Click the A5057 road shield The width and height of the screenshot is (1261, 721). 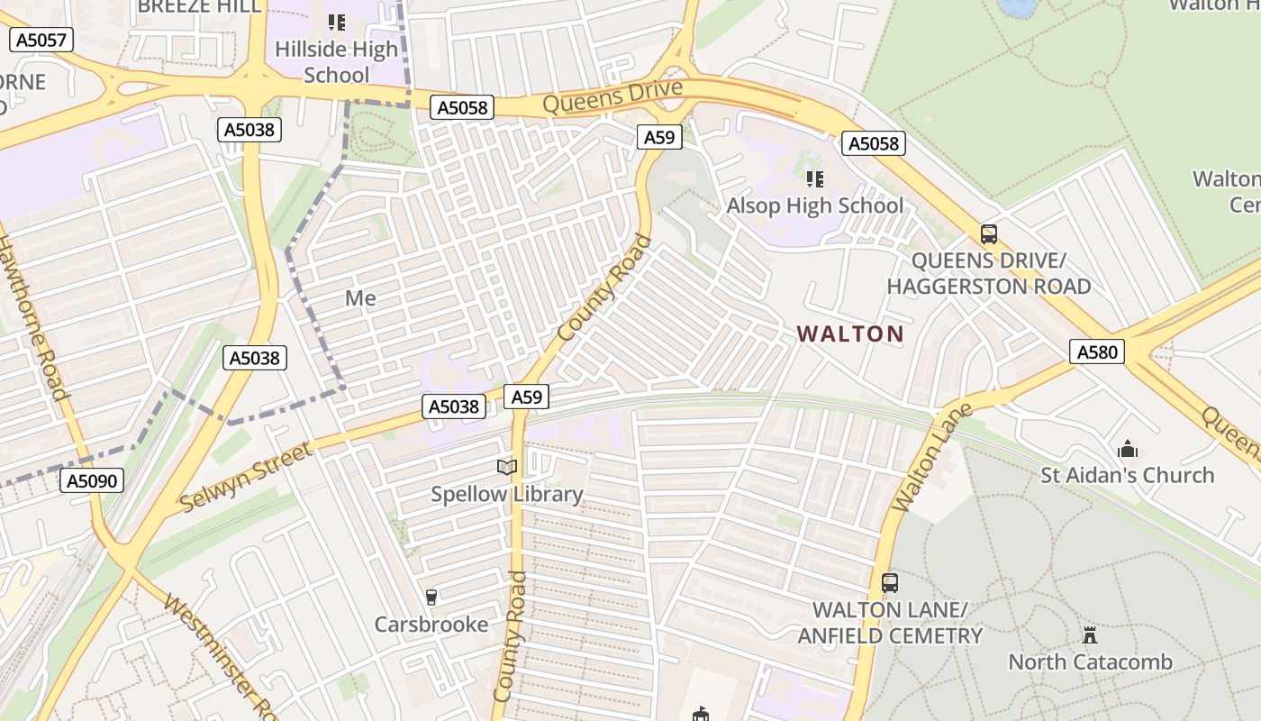[x=40, y=40]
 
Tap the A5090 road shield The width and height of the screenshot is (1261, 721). [x=93, y=480]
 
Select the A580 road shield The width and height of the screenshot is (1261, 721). [x=1098, y=351]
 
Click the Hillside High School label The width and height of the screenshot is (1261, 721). [x=336, y=62]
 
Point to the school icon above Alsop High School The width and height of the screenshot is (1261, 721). [x=814, y=178]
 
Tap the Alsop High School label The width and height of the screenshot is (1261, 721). [x=814, y=205]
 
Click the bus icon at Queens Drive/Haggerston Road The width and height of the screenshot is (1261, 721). [x=989, y=234]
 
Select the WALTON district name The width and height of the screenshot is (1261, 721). [x=850, y=333]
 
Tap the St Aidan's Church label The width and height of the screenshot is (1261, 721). [x=1127, y=475]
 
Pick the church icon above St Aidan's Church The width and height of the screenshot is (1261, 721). [x=1127, y=448]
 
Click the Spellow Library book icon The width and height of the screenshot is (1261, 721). [x=507, y=467]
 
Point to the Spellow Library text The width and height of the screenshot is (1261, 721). [x=506, y=494]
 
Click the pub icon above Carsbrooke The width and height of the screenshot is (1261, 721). [x=431, y=597]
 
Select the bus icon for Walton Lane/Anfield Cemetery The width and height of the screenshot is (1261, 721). [x=890, y=583]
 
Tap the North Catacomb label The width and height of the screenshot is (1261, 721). [x=1090, y=662]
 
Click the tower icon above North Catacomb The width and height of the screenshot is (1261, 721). [x=1090, y=634]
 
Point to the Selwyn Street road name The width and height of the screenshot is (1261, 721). [x=246, y=477]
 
